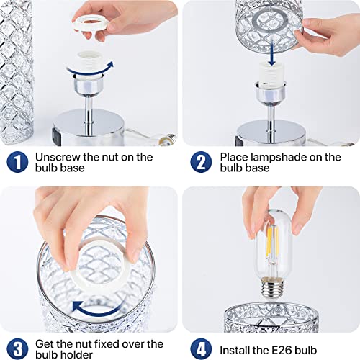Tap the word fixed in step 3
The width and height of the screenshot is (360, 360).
(108, 344)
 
